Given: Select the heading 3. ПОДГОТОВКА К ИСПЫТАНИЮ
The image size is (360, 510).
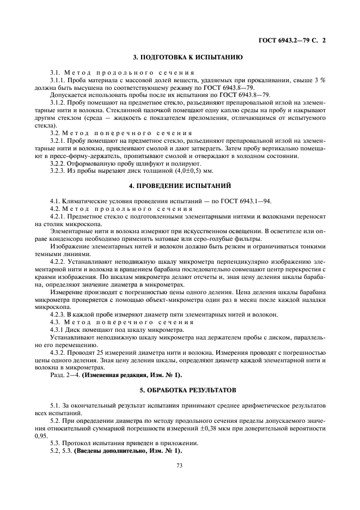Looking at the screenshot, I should pyautogui.click(x=179, y=57).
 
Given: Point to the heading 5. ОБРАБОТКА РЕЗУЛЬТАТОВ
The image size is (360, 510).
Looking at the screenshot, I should pyautogui.click(x=179, y=390).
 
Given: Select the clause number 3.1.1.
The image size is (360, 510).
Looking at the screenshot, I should pyautogui.click(x=58, y=80).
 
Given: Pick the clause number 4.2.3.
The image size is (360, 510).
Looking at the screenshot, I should pyautogui.click(x=58, y=315).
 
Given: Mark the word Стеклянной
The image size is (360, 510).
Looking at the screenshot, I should pyautogui.click(x=119, y=110).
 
